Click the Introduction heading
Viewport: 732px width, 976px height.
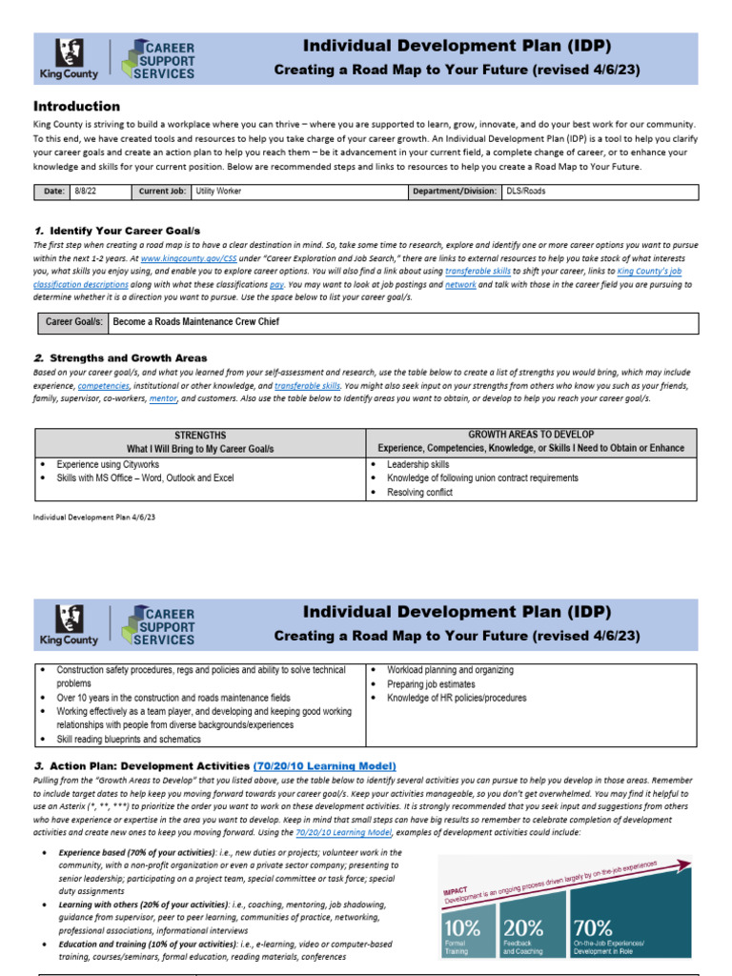point(77,107)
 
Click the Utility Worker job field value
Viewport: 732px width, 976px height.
point(219,192)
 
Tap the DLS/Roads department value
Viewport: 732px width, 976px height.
point(526,192)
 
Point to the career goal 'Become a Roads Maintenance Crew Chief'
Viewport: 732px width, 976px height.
point(196,322)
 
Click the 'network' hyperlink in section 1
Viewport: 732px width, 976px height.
point(460,284)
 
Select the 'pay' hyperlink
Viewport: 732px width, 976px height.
point(276,284)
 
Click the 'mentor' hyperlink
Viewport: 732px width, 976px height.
point(163,398)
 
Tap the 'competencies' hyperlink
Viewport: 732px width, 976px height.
point(107,386)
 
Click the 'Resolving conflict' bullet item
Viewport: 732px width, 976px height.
point(419,493)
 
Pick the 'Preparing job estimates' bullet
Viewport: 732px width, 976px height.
point(431,684)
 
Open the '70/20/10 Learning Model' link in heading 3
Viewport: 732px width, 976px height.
point(324,766)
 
